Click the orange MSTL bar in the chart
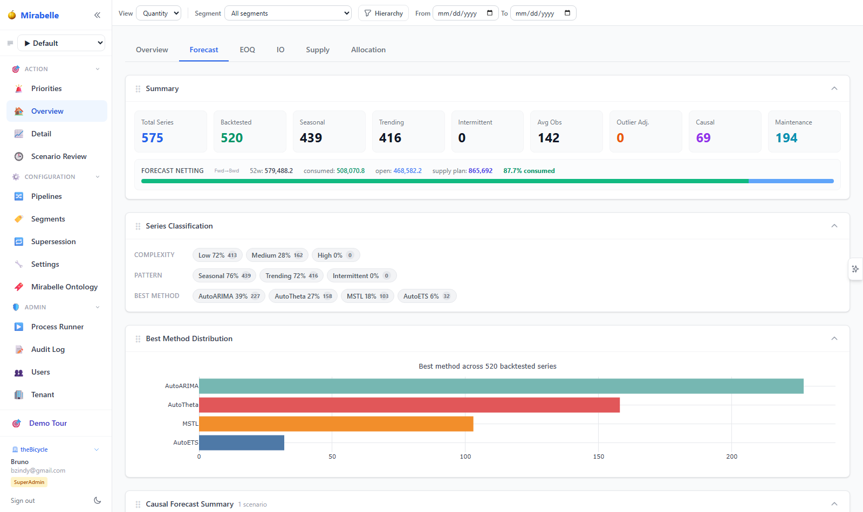pyautogui.click(x=336, y=424)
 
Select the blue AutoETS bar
pyautogui.click(x=242, y=442)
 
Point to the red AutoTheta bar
pyautogui.click(x=409, y=405)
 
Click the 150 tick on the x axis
pyautogui.click(x=598, y=456)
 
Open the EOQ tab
pyautogui.click(x=248, y=50)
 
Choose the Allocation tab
pyautogui.click(x=368, y=50)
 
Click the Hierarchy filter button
pyautogui.click(x=383, y=13)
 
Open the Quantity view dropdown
pyautogui.click(x=159, y=13)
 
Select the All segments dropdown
pyautogui.click(x=288, y=13)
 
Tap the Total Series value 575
pyautogui.click(x=152, y=138)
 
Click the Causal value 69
pyautogui.click(x=703, y=138)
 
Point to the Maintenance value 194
pyautogui.click(x=786, y=138)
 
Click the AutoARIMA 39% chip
pyautogui.click(x=229, y=296)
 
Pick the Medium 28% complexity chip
pyautogui.click(x=277, y=255)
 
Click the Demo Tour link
pyautogui.click(x=48, y=423)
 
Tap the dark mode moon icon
pyautogui.click(x=98, y=501)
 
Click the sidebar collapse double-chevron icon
pyautogui.click(x=98, y=15)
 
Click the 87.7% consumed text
pyautogui.click(x=529, y=170)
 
